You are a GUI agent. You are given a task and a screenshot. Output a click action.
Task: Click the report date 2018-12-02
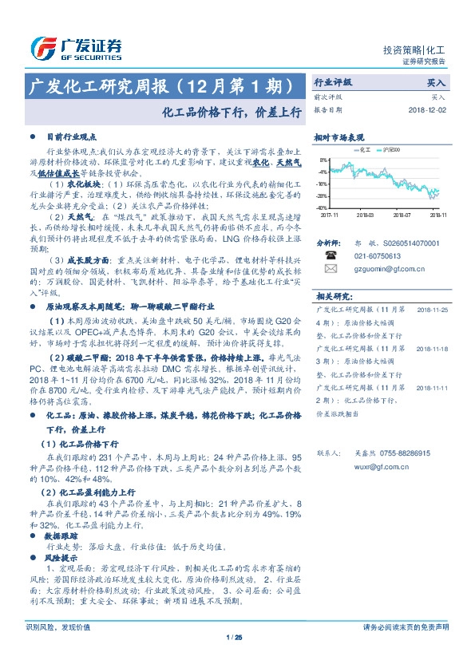coord(428,109)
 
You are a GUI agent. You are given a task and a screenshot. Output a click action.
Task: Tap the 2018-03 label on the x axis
coord(365,214)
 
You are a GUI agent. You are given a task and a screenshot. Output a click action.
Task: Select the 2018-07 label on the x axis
coord(402,214)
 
